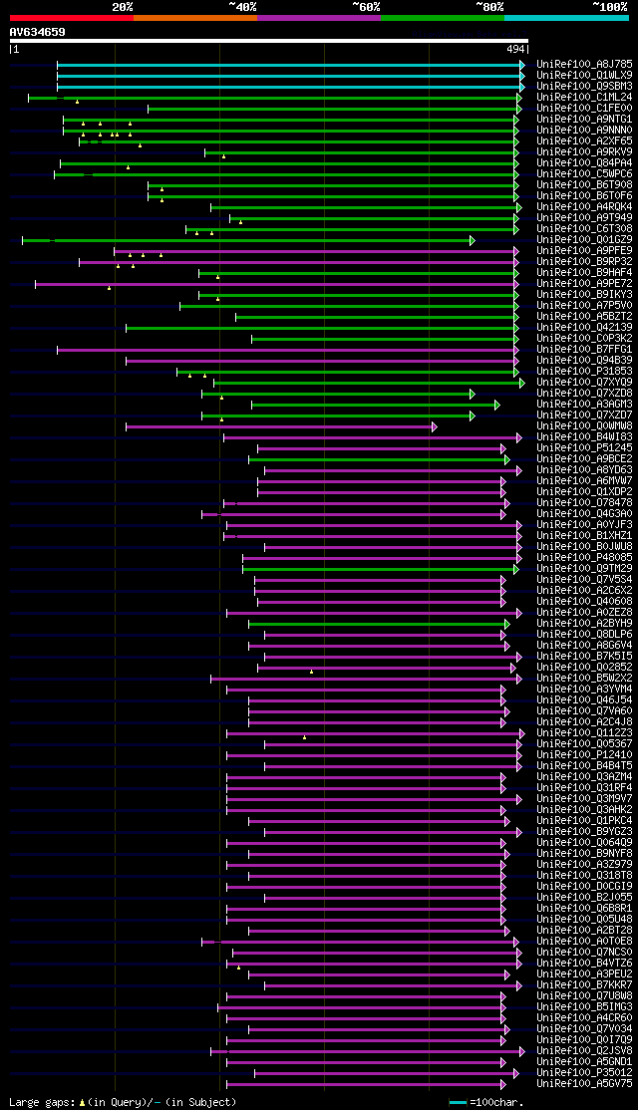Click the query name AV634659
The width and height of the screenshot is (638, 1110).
38,32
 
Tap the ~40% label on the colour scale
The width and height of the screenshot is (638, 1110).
242,6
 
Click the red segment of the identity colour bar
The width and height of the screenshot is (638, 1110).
71,18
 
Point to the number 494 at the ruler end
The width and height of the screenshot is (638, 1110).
515,49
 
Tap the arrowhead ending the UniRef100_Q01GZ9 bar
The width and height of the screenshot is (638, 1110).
473,240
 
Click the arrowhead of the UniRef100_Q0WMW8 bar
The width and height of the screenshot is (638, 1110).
434,426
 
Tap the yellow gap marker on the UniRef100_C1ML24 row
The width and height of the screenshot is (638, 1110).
77,102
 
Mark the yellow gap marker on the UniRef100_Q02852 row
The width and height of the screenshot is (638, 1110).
311,672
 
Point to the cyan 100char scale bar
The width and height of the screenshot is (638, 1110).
458,1102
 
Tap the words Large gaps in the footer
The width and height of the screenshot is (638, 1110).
38,1102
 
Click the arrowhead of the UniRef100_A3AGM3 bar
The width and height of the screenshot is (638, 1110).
496,405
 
